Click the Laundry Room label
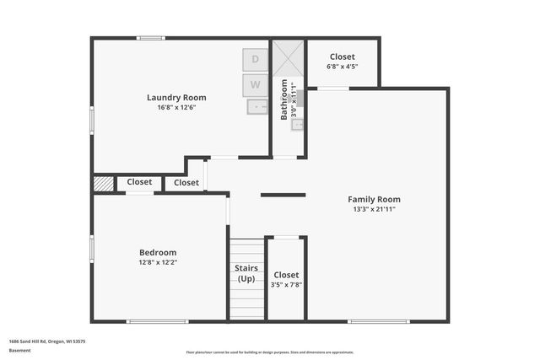(176, 98)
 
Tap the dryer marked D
(256, 60)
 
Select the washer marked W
(256, 85)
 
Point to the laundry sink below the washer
(256, 106)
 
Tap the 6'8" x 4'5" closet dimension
(342, 67)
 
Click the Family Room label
(374, 199)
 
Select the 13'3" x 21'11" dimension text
(374, 209)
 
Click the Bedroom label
(158, 252)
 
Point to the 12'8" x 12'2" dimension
(158, 262)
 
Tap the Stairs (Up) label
(246, 273)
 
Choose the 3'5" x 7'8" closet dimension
(286, 285)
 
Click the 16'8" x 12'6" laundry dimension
(176, 108)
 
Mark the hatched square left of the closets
(103, 183)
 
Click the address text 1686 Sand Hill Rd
(46, 341)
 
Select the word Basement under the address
(19, 350)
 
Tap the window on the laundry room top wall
(150, 37)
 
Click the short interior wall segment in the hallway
(283, 195)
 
